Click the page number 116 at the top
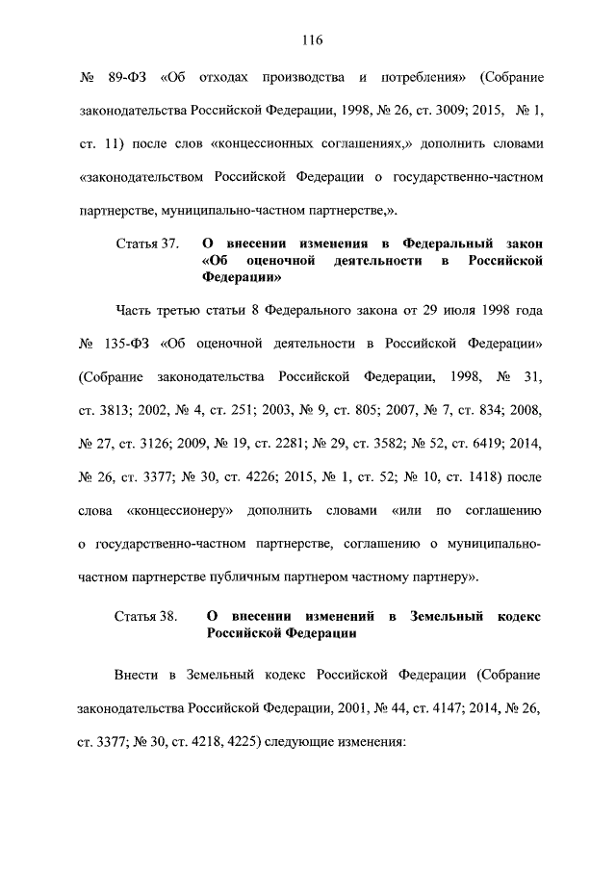click(309, 40)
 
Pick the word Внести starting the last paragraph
click(135, 676)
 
